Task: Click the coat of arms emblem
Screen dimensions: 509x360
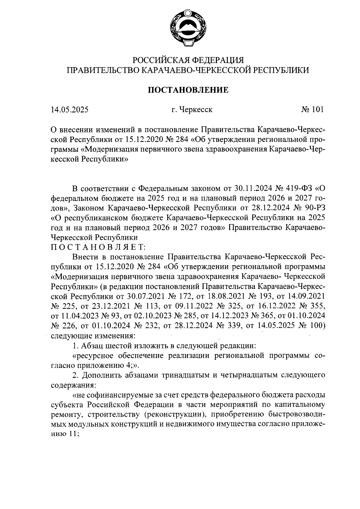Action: tap(188, 28)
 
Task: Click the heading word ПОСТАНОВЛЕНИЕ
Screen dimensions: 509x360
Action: tap(188, 90)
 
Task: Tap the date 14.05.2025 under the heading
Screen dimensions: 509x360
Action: tap(70, 110)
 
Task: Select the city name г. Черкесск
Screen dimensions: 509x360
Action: tap(192, 110)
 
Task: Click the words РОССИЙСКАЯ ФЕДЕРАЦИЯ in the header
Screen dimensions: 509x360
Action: tap(188, 60)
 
